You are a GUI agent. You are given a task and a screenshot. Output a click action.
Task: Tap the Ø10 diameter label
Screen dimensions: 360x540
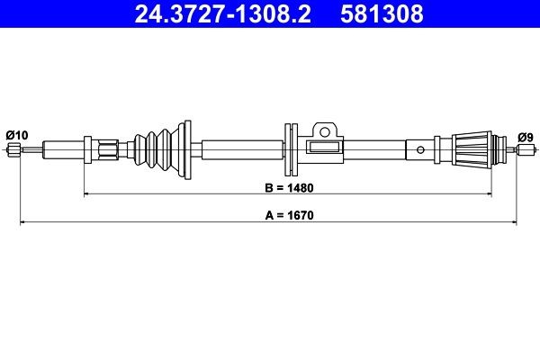[x=16, y=134]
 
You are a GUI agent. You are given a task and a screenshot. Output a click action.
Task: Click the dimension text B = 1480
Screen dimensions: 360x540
[x=288, y=191]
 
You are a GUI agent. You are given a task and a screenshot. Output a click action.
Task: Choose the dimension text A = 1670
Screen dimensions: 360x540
[x=288, y=216]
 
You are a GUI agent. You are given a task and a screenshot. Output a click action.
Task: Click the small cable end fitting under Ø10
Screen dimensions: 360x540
[x=13, y=150]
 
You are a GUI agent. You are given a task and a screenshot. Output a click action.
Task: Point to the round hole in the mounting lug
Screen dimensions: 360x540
[x=323, y=128]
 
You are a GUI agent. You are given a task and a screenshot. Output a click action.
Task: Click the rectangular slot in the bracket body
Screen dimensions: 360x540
[x=321, y=146]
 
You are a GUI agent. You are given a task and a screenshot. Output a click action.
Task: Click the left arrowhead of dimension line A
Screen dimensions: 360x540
[x=23, y=220]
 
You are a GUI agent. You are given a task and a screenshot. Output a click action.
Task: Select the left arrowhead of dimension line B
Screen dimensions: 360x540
[x=87, y=194]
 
